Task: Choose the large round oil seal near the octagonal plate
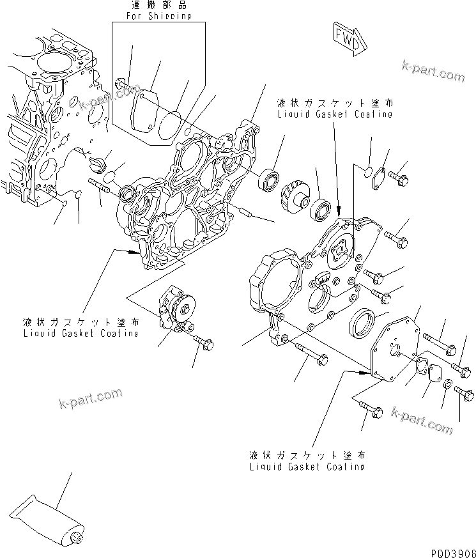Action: (362, 322)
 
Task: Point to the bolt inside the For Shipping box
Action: (121, 83)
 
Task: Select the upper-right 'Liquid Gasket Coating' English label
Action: (335, 114)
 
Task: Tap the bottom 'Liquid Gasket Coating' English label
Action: (308, 466)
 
